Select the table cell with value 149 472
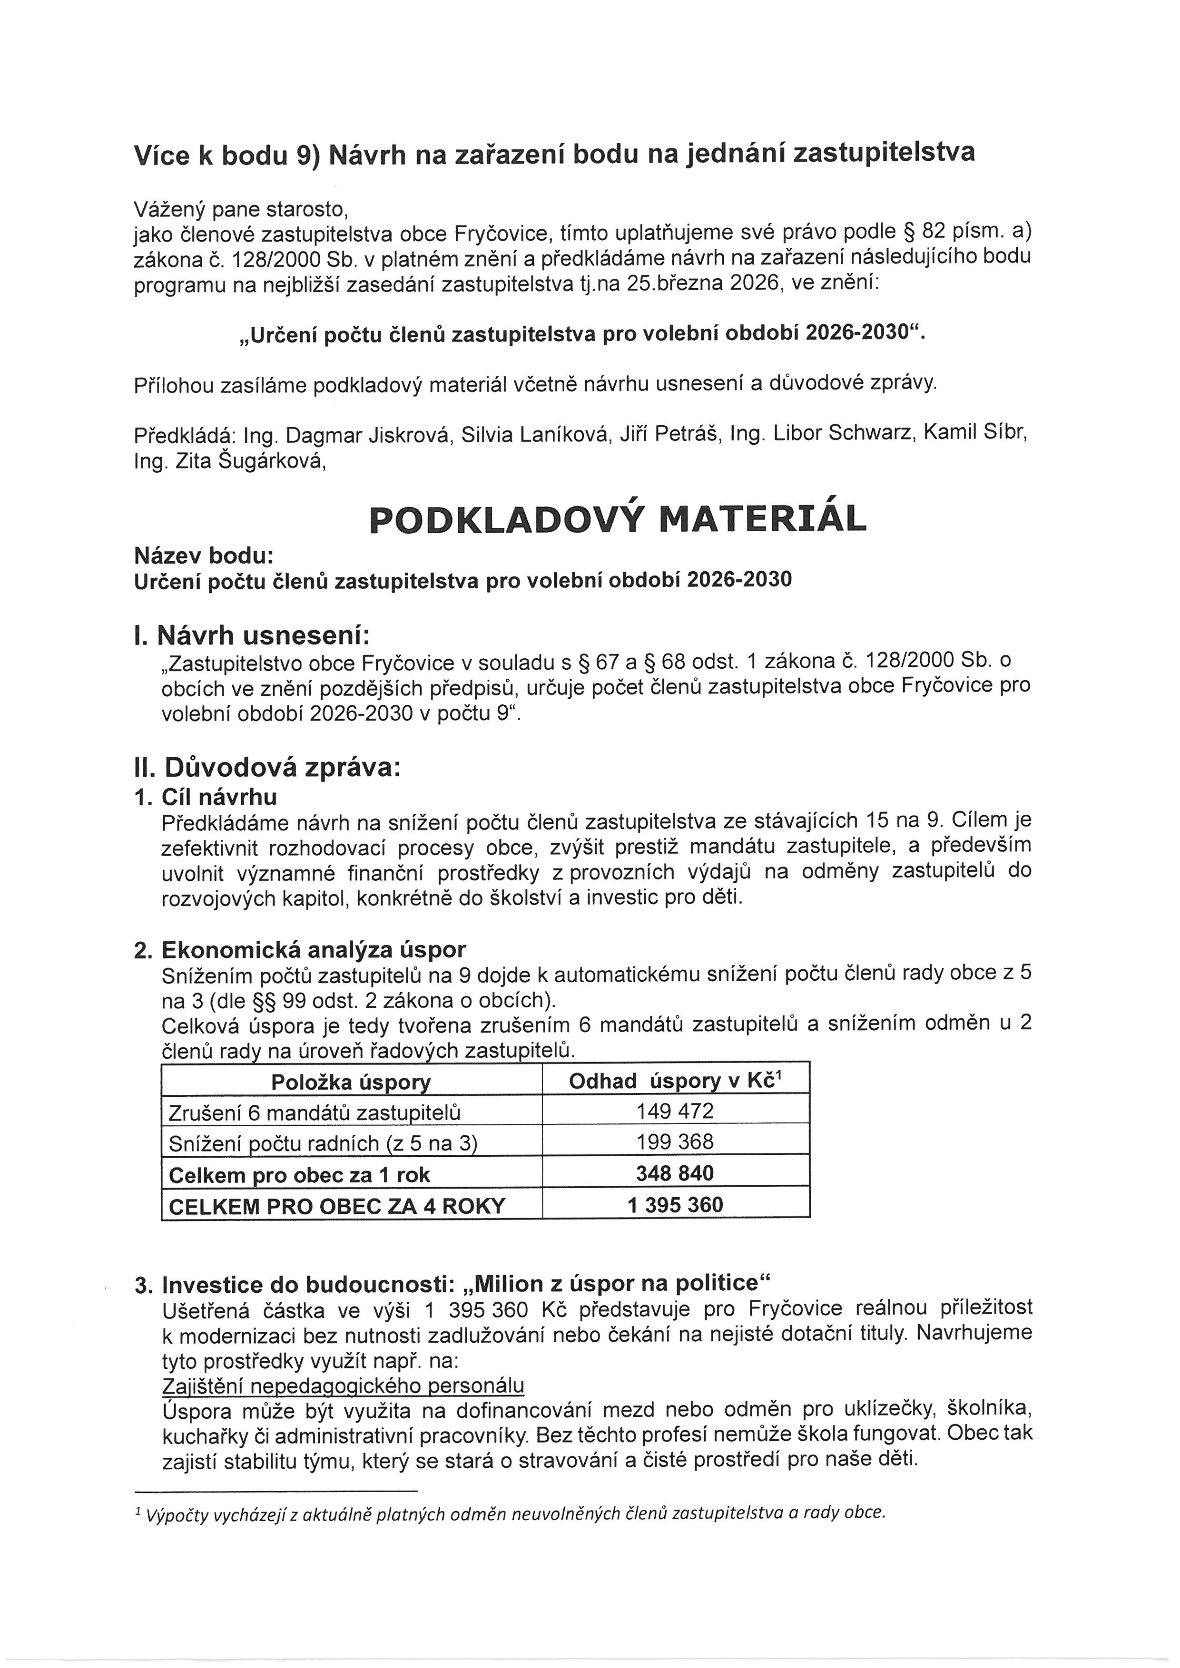click(675, 1111)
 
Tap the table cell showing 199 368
click(675, 1141)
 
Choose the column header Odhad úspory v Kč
click(675, 1081)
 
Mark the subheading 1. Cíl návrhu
click(206, 797)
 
